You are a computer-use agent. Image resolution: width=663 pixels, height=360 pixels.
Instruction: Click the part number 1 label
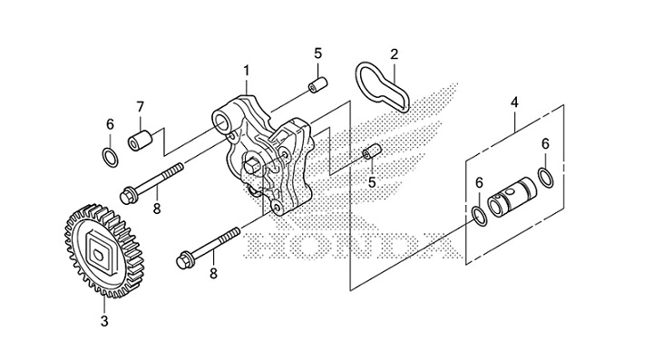(x=245, y=69)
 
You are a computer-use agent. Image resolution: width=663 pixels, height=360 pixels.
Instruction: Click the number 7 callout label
(x=141, y=108)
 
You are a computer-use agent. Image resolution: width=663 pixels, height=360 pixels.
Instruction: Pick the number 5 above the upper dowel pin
(x=317, y=53)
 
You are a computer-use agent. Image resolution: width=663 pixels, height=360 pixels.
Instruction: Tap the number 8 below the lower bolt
(x=214, y=271)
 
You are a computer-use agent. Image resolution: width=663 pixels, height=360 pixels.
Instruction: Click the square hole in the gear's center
(x=100, y=248)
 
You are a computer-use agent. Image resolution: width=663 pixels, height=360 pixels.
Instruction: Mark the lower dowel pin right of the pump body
(x=368, y=152)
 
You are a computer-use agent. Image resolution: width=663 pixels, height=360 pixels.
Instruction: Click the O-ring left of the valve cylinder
(x=478, y=214)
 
